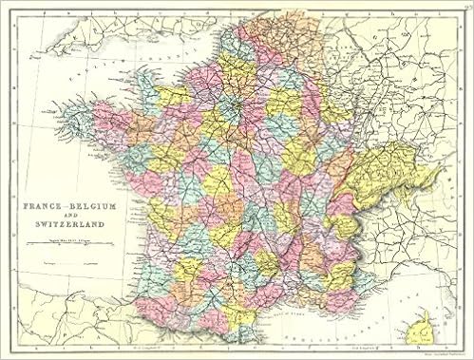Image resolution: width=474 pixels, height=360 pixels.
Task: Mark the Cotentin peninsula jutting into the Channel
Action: [x=158, y=81]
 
